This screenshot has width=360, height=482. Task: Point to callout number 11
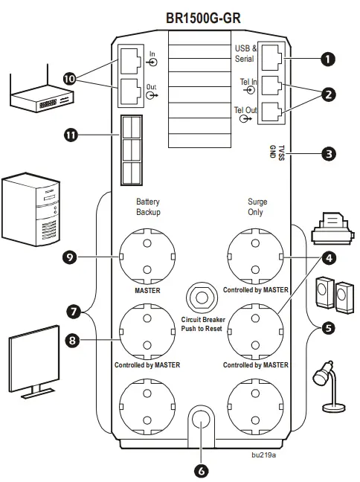pos(71,135)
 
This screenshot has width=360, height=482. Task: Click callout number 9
pos(71,257)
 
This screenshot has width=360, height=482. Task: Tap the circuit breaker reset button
pos(199,296)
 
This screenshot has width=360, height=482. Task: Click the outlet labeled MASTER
pos(147,256)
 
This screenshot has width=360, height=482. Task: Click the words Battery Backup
pos(147,207)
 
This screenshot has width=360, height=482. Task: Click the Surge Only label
pos(257,207)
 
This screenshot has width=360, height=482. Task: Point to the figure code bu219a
pos(263,454)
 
